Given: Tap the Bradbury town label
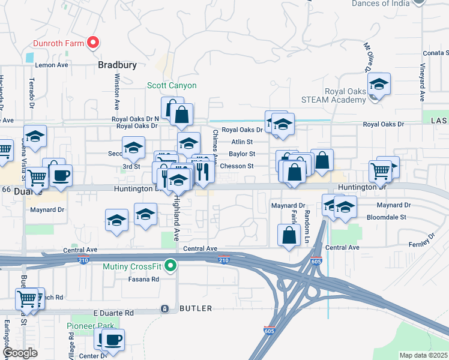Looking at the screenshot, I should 118,65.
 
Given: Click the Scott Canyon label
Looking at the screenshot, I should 172,86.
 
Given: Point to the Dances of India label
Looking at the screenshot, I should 385,4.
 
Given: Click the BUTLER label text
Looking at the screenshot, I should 196,308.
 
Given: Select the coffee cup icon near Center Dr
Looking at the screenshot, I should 112,340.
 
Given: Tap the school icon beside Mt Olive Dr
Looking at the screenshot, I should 379,85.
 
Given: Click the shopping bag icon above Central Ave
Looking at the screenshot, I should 289,235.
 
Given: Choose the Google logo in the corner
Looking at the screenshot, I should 20,353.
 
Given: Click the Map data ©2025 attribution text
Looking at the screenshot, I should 423,355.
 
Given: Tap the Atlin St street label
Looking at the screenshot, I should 243,142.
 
